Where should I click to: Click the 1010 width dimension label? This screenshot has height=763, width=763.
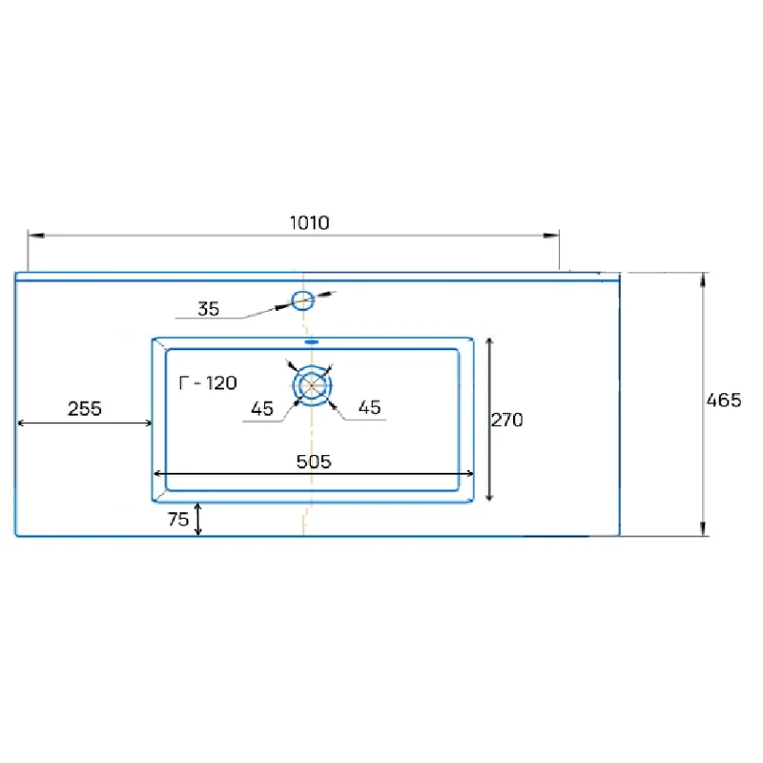click(309, 223)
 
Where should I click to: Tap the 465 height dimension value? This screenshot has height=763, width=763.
click(724, 400)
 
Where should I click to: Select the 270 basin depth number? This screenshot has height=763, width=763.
click(507, 420)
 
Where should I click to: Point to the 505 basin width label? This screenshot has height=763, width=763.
click(314, 462)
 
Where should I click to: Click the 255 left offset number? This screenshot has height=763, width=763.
click(85, 409)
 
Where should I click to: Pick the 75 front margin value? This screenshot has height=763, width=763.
click(178, 519)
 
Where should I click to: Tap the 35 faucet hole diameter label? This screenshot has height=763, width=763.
click(208, 309)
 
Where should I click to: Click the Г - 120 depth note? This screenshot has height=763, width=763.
click(208, 383)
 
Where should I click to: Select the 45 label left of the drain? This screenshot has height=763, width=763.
click(262, 409)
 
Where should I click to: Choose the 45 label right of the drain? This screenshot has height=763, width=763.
click(369, 408)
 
